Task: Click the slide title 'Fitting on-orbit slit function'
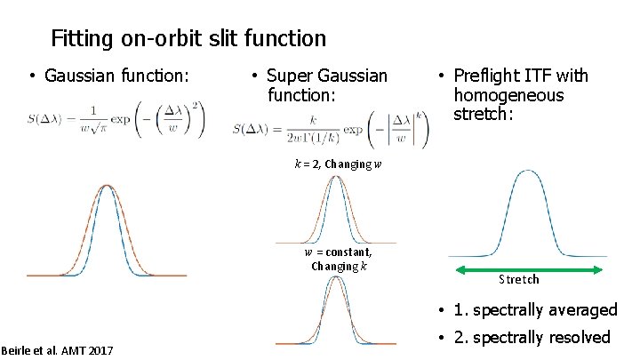tap(188, 39)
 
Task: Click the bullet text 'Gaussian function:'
tap(116, 76)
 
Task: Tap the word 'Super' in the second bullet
tap(291, 76)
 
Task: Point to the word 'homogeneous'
tap(508, 95)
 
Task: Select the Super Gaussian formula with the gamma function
tap(331, 128)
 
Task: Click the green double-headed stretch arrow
tap(530, 269)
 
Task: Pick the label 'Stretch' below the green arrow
tap(519, 280)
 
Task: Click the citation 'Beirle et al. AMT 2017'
tap(57, 350)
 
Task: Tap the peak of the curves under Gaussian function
tap(107, 186)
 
